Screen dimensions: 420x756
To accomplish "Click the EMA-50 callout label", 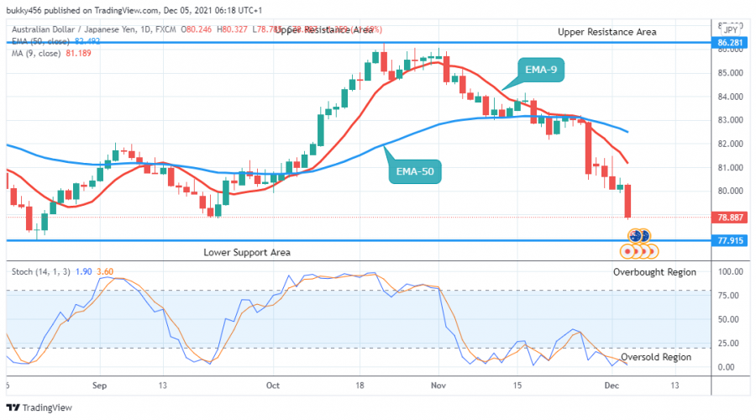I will (x=416, y=173).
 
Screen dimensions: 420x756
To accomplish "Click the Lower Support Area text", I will (x=247, y=252).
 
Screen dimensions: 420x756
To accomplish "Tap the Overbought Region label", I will (x=654, y=272).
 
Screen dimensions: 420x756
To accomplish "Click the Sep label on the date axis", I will (x=100, y=386).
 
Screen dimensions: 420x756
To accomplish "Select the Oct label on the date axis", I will (x=272, y=386).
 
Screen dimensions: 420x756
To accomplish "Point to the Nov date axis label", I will (x=437, y=386).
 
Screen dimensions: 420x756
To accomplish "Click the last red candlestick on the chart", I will (x=628, y=202).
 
